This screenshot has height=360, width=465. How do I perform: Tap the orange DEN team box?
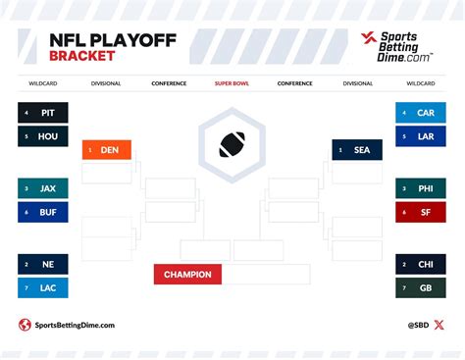coord(106,150)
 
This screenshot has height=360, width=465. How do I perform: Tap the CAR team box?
coord(421,113)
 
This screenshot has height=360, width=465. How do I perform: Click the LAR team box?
coord(421,137)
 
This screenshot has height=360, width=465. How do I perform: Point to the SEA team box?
coord(357,150)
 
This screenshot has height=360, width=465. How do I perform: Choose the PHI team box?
coord(421,188)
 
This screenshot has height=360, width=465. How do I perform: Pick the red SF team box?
coord(421,212)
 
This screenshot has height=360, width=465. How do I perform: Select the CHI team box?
coord(421,264)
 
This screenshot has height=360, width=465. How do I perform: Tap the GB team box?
coord(421,287)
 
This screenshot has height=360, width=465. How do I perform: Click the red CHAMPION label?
coord(187,275)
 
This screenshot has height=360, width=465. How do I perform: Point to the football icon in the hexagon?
coord(232,144)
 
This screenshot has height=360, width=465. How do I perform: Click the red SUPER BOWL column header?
coord(232,83)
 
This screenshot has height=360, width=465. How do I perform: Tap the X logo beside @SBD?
coord(439,325)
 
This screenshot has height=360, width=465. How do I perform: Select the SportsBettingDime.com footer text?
coord(75,325)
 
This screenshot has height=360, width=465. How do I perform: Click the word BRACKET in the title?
coord(81,56)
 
